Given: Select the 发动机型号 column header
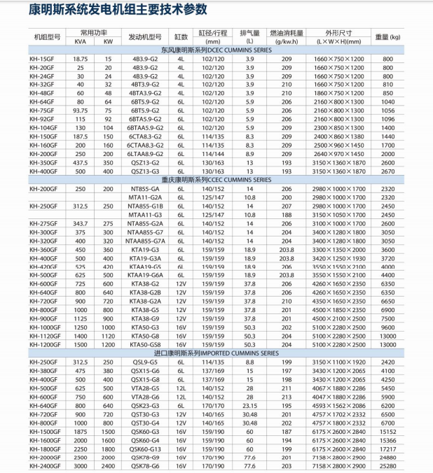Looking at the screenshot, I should (x=145, y=36).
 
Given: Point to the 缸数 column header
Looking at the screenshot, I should (x=181, y=36).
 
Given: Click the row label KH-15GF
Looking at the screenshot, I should (x=41, y=59).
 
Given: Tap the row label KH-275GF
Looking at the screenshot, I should (x=43, y=223).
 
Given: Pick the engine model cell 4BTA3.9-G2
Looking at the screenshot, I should (x=145, y=92).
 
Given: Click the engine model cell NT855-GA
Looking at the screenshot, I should (x=145, y=189).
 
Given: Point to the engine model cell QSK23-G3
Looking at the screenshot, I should (x=145, y=405).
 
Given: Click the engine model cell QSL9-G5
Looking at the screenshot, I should (x=145, y=362).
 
